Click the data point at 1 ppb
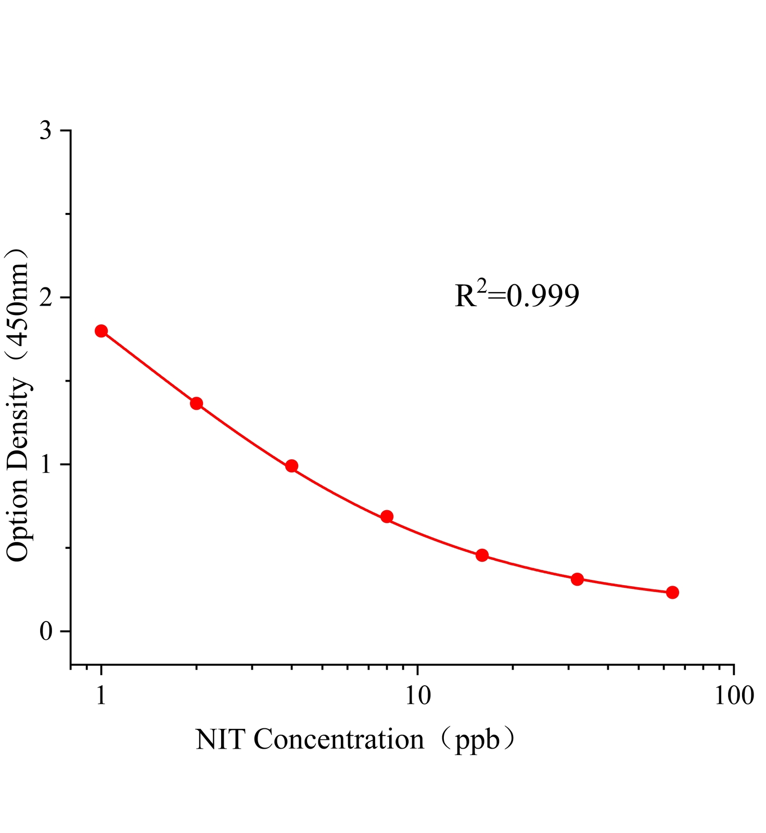101,331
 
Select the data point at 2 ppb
197,403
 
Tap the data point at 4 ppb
292,466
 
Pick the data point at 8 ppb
387,516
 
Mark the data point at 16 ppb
482,555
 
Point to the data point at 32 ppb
577,579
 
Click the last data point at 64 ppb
672,592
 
